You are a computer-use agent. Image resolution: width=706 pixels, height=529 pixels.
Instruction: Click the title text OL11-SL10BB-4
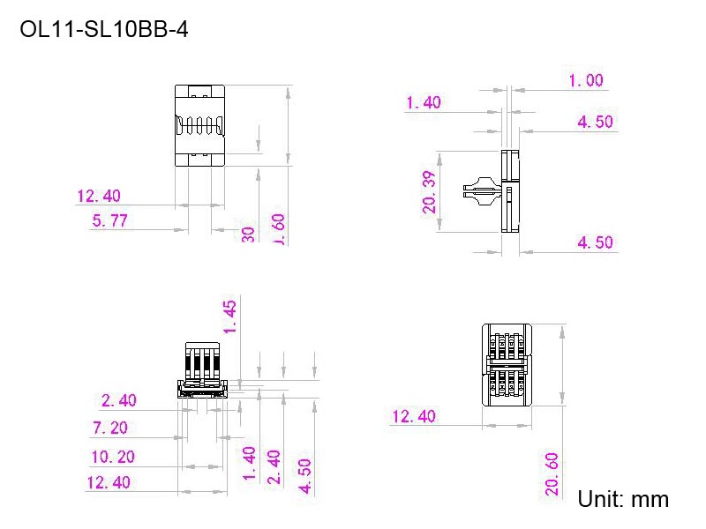point(103,30)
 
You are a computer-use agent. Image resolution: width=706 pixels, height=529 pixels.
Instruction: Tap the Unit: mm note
point(623,500)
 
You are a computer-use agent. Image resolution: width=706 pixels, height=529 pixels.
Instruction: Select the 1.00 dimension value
point(586,80)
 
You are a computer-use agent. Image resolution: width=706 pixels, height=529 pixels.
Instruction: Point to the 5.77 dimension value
point(110,220)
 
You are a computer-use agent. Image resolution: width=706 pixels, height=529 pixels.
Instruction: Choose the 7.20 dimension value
point(110,428)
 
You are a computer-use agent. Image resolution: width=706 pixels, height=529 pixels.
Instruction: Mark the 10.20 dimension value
point(113,457)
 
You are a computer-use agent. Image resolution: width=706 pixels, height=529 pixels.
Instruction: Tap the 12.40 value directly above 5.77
point(99,196)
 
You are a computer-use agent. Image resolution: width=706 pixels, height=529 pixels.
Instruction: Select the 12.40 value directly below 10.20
point(108,482)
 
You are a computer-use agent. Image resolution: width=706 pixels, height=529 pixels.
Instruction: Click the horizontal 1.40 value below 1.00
point(423,103)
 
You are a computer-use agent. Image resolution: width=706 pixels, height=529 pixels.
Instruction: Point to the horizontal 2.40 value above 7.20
point(119,400)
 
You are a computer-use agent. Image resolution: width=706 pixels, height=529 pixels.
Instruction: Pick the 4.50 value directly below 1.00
point(595,122)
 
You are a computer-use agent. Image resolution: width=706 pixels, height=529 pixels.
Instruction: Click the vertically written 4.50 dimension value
point(304,476)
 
